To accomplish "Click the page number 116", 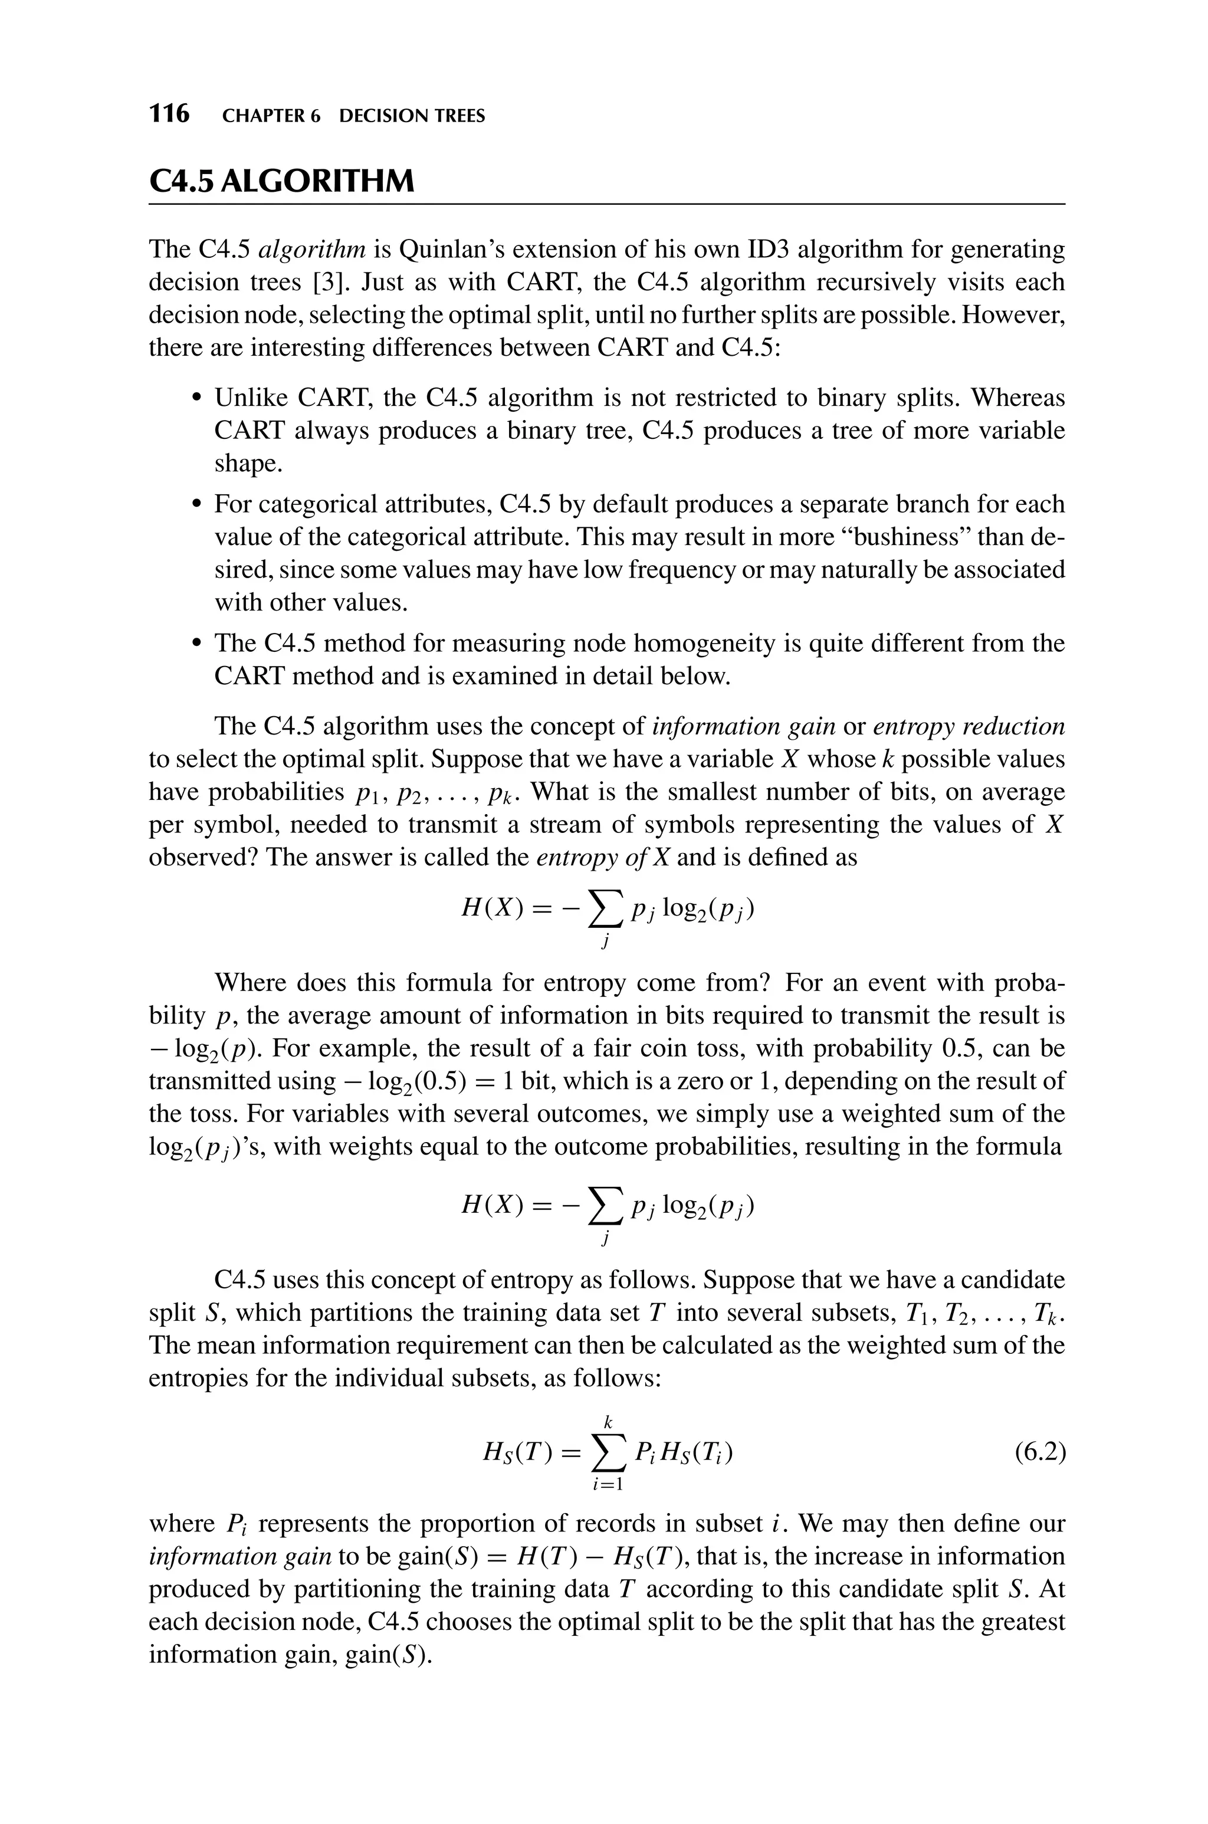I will (169, 114).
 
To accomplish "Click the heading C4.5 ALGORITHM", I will (281, 182).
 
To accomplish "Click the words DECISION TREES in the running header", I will (412, 116).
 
